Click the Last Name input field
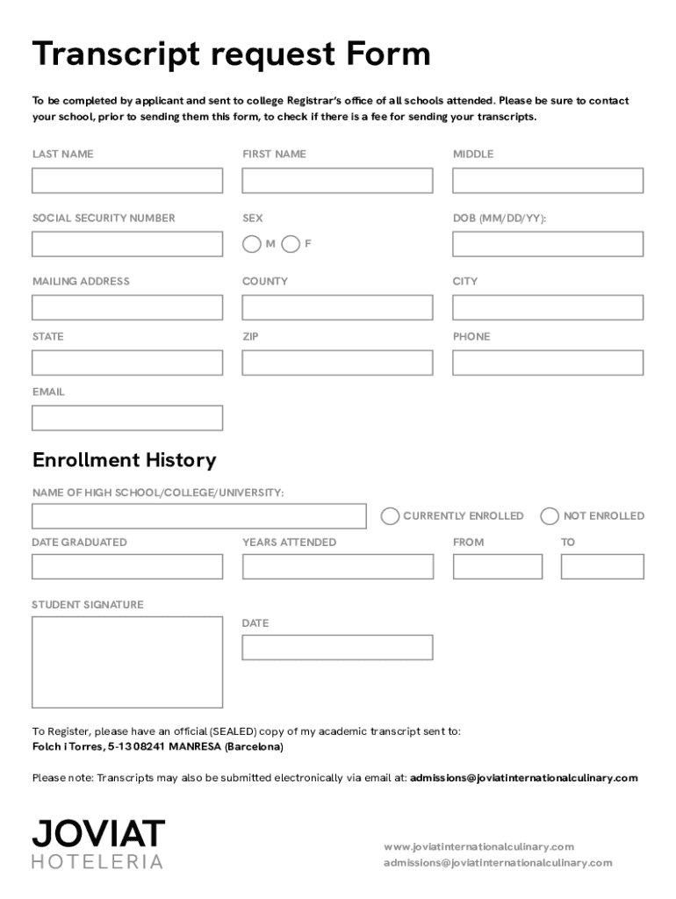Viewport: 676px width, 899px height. pyautogui.click(x=127, y=181)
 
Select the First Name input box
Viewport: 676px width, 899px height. pyautogui.click(x=337, y=181)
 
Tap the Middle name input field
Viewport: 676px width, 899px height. pyautogui.click(x=548, y=181)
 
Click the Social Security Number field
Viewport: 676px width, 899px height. pyautogui.click(x=127, y=244)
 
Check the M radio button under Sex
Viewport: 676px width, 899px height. pyautogui.click(x=252, y=244)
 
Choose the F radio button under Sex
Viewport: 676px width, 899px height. pyautogui.click(x=291, y=244)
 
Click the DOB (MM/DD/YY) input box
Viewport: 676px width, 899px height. pyautogui.click(x=548, y=244)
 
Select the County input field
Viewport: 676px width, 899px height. pyautogui.click(x=337, y=307)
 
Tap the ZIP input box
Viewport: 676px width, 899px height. pyautogui.click(x=337, y=363)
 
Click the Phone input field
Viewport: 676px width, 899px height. pyautogui.click(x=548, y=363)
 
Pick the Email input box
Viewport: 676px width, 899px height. pyautogui.click(x=127, y=418)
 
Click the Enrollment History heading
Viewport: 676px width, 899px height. pyautogui.click(x=124, y=460)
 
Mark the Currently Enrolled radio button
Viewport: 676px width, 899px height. pyautogui.click(x=390, y=516)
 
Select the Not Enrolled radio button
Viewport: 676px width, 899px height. pyautogui.click(x=550, y=516)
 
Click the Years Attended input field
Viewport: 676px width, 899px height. pyautogui.click(x=337, y=567)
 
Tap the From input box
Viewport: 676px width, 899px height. pyautogui.click(x=498, y=567)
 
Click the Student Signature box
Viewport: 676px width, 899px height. pyautogui.click(x=127, y=662)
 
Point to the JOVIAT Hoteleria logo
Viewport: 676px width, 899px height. pyautogui.click(x=98, y=844)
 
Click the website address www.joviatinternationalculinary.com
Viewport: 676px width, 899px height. pyautogui.click(x=478, y=847)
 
